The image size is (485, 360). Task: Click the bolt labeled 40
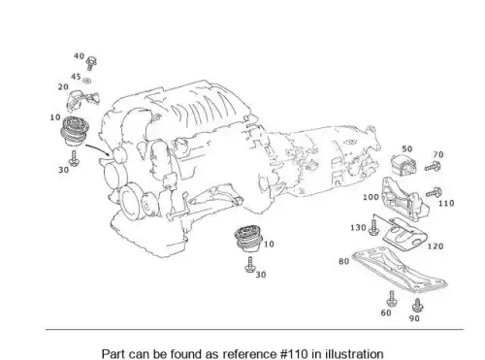(x=91, y=63)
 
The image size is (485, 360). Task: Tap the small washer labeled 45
(x=86, y=80)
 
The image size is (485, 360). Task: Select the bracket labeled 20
(x=83, y=100)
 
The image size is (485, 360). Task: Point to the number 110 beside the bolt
(x=446, y=204)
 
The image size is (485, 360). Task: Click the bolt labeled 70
(x=433, y=167)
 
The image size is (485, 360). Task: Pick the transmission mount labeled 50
(x=404, y=165)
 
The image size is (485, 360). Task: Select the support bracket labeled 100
(x=404, y=199)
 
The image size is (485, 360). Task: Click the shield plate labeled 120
(x=404, y=236)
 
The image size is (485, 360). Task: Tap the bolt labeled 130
(x=374, y=227)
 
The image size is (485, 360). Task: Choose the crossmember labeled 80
(x=400, y=270)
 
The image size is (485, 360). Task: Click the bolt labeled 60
(x=392, y=299)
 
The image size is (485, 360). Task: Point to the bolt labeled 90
(x=417, y=305)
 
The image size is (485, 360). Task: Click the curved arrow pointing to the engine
(x=98, y=148)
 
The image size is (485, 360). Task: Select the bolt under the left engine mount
(x=75, y=158)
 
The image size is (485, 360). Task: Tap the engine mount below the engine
(x=247, y=239)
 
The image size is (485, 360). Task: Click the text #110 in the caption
(x=293, y=354)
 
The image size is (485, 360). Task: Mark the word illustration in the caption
(x=354, y=354)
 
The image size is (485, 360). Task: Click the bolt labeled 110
(x=434, y=192)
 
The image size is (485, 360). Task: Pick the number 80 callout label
(x=344, y=261)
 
